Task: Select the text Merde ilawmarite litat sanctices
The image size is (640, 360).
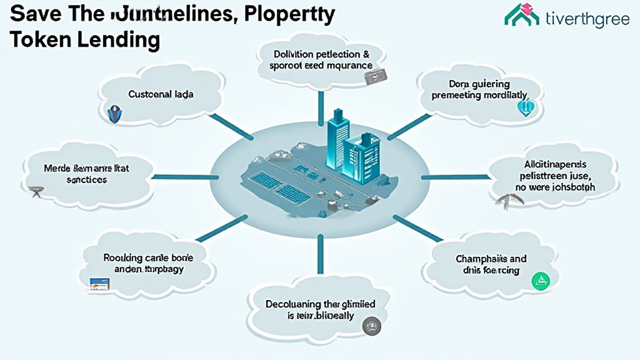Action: click(x=86, y=174)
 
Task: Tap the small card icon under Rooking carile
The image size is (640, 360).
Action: click(x=101, y=284)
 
